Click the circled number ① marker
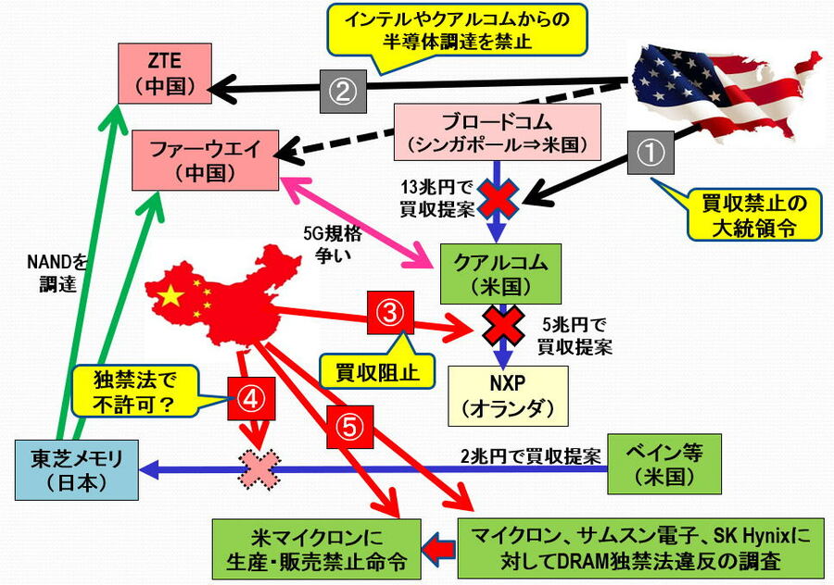tap(652, 152)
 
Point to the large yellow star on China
tap(170, 296)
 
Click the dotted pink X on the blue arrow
tap(260, 469)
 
